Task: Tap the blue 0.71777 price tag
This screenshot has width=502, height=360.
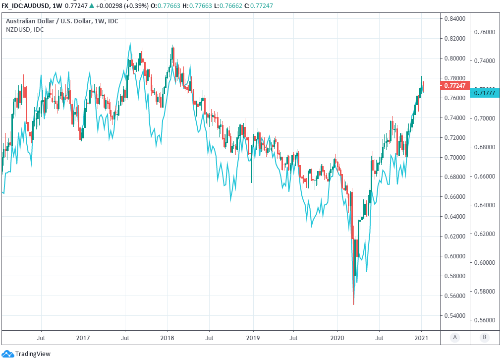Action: [x=484, y=93]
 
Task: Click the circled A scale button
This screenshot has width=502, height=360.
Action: [x=454, y=337]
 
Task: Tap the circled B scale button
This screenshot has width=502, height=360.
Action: [x=484, y=337]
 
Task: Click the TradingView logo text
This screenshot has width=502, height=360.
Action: [x=33, y=354]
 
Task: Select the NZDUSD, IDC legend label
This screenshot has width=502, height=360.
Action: [x=25, y=30]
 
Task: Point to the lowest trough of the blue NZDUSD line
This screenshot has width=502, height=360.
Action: [x=353, y=304]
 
